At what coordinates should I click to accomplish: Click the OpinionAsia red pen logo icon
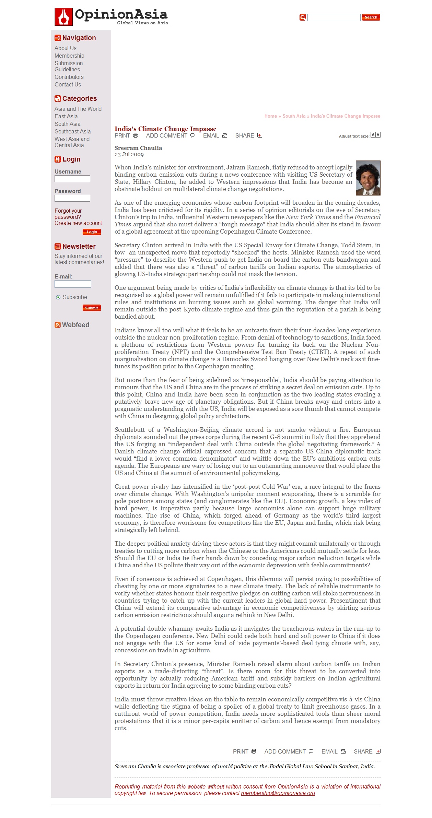pyautogui.click(x=64, y=17)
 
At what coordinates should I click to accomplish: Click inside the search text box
pyautogui.click(x=334, y=17)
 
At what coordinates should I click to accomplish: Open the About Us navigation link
pyautogui.click(x=66, y=48)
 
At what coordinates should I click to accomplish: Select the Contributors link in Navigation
pyautogui.click(x=69, y=77)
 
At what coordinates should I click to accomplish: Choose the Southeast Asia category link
pyautogui.click(x=73, y=132)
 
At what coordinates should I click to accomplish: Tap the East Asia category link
pyautogui.click(x=66, y=117)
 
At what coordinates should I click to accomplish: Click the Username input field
pyautogui.click(x=72, y=179)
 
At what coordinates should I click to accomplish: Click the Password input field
pyautogui.click(x=72, y=198)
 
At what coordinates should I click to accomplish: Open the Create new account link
pyautogui.click(x=78, y=223)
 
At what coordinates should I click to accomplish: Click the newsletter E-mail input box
pyautogui.click(x=73, y=284)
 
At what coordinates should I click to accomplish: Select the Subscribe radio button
pyautogui.click(x=58, y=297)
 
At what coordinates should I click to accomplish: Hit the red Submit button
pyautogui.click(x=92, y=308)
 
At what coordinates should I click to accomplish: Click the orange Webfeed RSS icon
pyautogui.click(x=58, y=325)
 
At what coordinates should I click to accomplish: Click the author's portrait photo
pyautogui.click(x=368, y=178)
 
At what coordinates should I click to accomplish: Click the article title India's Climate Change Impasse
pyautogui.click(x=165, y=129)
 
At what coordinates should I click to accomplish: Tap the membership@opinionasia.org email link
pyautogui.click(x=278, y=793)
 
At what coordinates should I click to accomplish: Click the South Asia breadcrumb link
pyautogui.click(x=294, y=116)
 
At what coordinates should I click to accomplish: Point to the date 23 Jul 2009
pyautogui.click(x=129, y=154)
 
